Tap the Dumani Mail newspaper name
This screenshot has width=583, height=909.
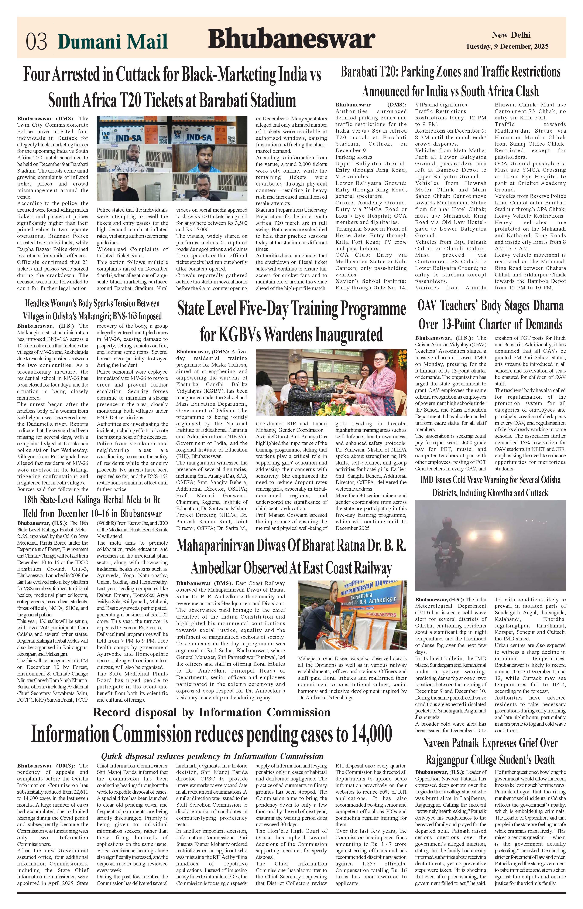point(113,41)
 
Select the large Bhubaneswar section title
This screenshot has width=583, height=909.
point(291,39)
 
